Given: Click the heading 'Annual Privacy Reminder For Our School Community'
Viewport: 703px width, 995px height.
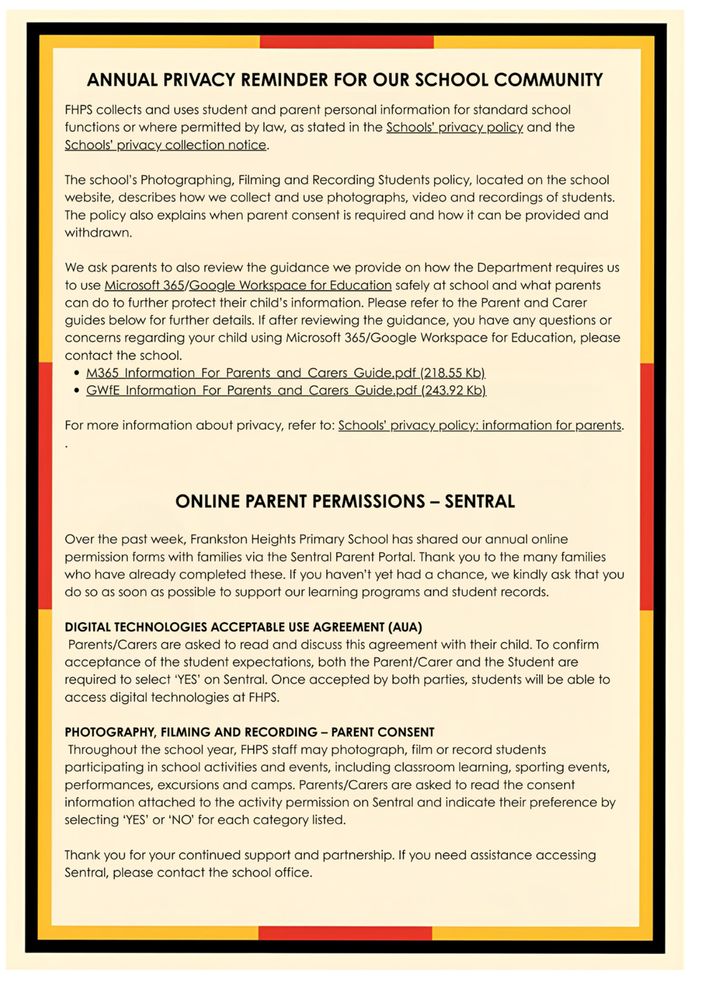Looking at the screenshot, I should (x=345, y=80).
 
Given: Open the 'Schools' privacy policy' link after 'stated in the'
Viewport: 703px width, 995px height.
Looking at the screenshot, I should (x=454, y=127).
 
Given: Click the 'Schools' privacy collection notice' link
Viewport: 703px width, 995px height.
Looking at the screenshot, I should (x=166, y=145).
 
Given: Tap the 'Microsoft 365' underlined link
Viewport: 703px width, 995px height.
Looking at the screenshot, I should (x=144, y=285).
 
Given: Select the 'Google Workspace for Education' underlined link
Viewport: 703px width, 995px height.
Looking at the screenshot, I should (x=290, y=285).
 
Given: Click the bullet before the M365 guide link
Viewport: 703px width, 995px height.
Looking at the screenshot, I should (x=77, y=373).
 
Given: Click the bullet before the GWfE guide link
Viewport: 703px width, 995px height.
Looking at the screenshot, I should (x=77, y=390).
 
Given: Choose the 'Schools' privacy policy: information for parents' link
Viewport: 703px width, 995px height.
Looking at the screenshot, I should (x=480, y=425).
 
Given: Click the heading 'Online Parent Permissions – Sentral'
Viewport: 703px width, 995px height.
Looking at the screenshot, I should (x=345, y=501).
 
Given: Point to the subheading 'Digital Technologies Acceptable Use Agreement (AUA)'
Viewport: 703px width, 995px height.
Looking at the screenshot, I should (x=243, y=627).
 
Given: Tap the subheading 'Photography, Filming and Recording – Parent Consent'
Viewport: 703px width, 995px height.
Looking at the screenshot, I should (x=250, y=732).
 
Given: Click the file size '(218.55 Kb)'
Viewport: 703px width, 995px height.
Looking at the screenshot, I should (x=452, y=373).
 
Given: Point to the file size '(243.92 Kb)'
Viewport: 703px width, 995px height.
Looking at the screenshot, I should (x=453, y=390).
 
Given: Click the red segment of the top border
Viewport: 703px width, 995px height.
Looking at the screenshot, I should (x=347, y=42).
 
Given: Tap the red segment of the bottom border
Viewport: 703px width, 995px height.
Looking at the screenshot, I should (x=345, y=933).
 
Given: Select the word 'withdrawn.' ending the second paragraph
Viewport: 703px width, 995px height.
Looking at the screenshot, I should (x=98, y=232).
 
